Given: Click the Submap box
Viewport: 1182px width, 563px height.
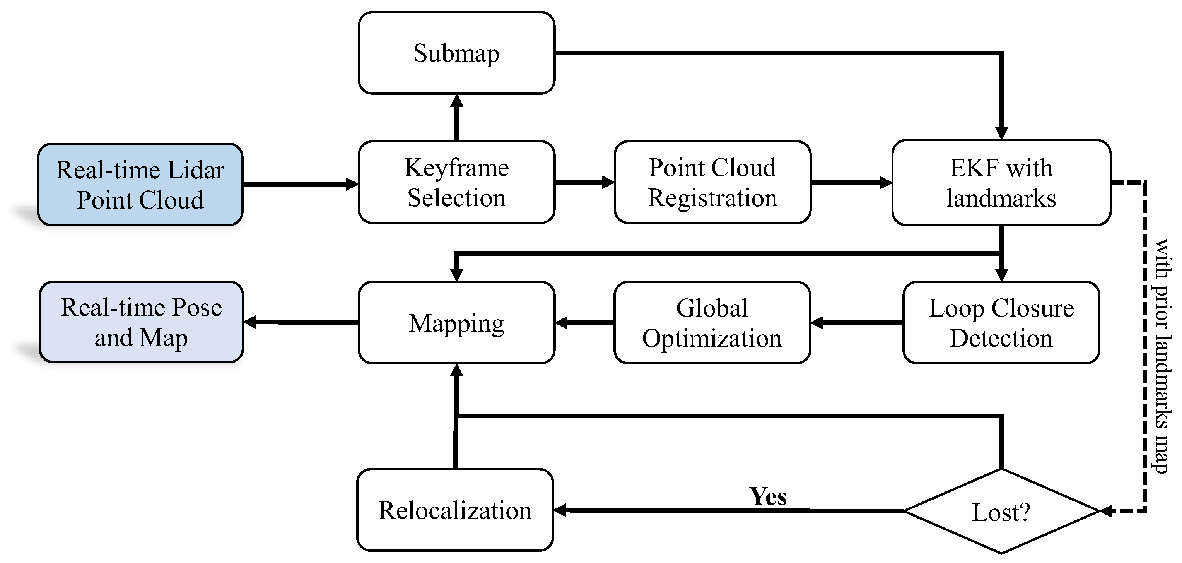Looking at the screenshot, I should pyautogui.click(x=456, y=53).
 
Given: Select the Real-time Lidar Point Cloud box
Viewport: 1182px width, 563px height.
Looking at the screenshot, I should pyautogui.click(x=140, y=185).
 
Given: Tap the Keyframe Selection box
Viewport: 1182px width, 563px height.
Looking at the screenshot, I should pyautogui.click(x=456, y=182).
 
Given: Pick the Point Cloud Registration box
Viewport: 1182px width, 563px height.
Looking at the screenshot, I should pyautogui.click(x=712, y=182).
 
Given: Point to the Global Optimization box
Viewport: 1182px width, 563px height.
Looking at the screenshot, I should pyautogui.click(x=712, y=323).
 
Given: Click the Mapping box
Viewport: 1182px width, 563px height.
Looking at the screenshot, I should pyautogui.click(x=456, y=323).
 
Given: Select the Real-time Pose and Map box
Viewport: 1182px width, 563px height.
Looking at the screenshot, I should pyautogui.click(x=141, y=322).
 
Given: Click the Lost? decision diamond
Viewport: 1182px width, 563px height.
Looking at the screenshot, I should pyautogui.click(x=1002, y=511).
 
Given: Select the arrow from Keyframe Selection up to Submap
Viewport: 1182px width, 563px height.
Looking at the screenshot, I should pyautogui.click(x=456, y=118).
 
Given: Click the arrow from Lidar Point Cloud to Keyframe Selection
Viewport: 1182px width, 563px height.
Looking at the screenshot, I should pyautogui.click(x=300, y=184).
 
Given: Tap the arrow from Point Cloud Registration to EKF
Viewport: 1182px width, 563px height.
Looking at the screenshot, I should pyautogui.click(x=851, y=183).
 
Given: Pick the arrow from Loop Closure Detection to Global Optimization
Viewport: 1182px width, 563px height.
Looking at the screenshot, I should pyautogui.click(x=857, y=323).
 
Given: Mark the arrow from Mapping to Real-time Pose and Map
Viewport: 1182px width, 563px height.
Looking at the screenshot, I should pyautogui.click(x=301, y=322).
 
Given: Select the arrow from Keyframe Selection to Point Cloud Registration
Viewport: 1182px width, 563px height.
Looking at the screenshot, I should pyautogui.click(x=584, y=182).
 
